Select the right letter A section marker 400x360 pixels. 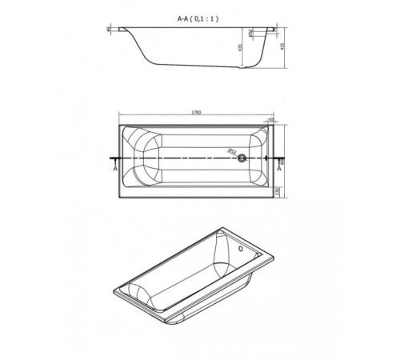point(279,170)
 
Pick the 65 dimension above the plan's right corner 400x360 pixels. point(271,119)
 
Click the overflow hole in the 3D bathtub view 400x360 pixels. point(240,248)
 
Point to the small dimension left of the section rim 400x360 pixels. point(108,30)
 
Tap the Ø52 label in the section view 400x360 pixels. point(251,34)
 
